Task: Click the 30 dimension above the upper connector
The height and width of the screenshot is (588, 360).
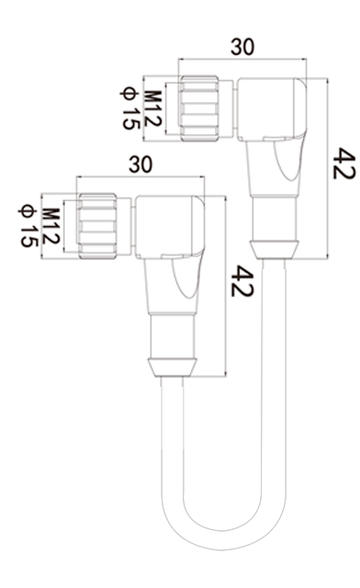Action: click(x=242, y=47)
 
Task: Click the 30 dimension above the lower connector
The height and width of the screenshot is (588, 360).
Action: click(x=141, y=164)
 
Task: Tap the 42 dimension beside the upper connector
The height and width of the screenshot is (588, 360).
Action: click(x=343, y=164)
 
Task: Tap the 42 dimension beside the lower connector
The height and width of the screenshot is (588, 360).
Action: click(x=242, y=281)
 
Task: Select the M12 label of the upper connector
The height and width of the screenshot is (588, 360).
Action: click(x=153, y=108)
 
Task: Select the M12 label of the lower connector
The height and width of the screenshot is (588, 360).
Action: click(x=51, y=226)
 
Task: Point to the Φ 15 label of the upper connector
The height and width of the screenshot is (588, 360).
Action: click(x=130, y=108)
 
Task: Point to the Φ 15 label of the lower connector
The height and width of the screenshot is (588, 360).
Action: click(x=28, y=225)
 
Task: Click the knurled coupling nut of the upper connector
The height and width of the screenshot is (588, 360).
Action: click(x=199, y=108)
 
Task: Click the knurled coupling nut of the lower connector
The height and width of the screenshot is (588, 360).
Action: click(x=97, y=226)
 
